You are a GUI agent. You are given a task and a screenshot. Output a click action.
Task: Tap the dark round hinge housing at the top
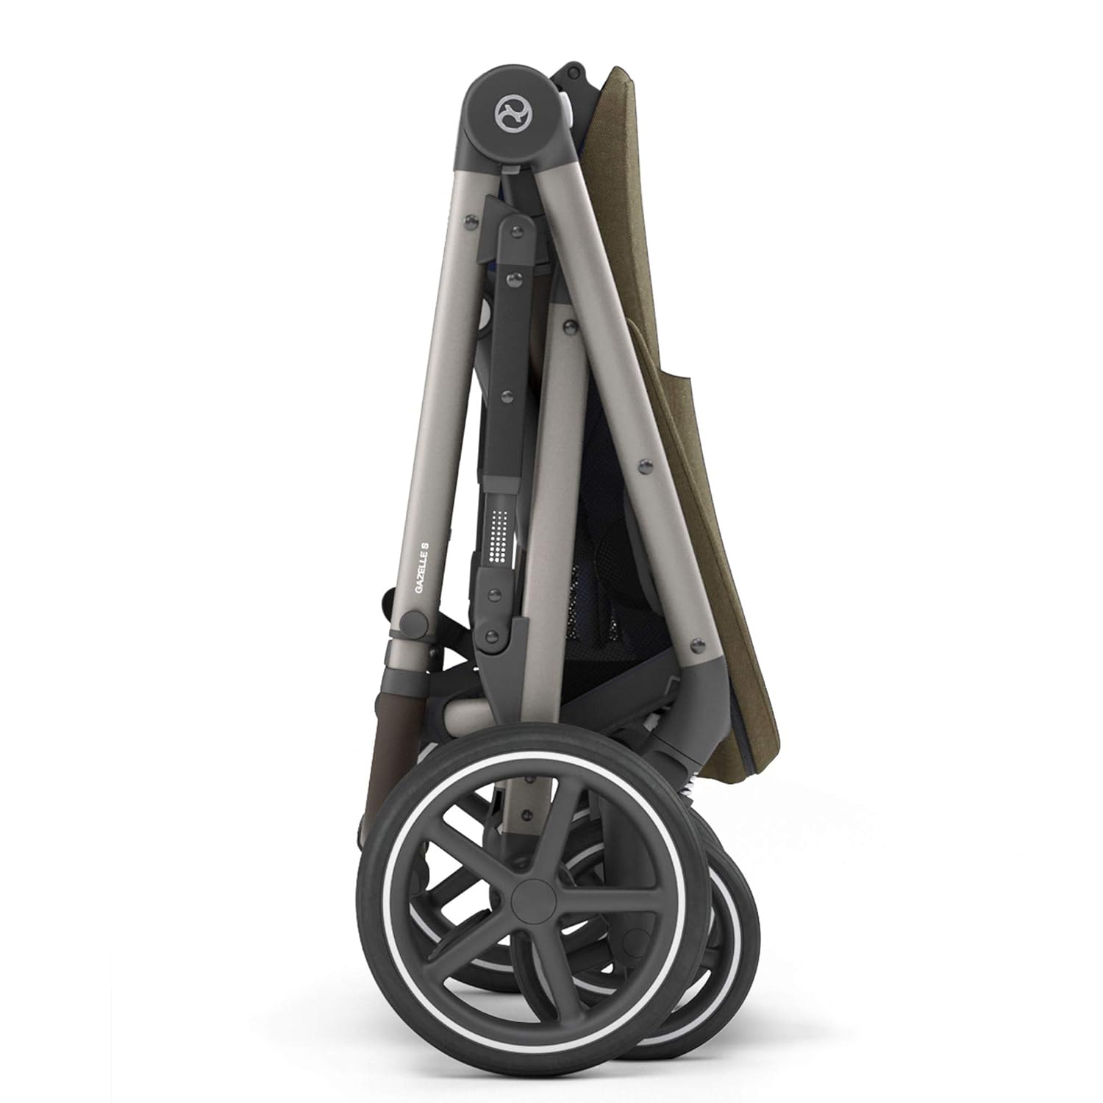(507, 118)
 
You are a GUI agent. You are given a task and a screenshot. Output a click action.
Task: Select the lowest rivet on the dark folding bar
(493, 635)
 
